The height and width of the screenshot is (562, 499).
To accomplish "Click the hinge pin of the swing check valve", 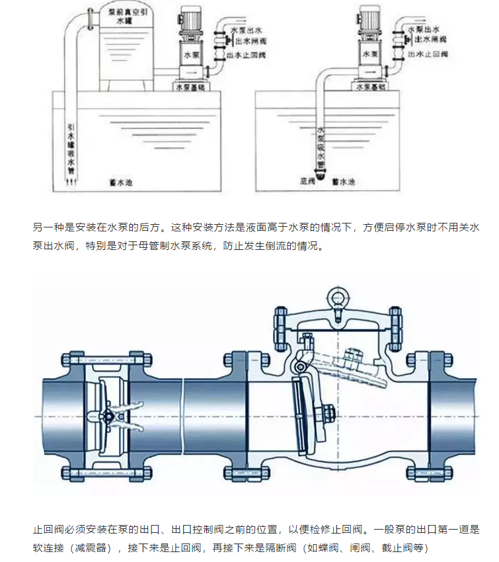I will [x=301, y=366].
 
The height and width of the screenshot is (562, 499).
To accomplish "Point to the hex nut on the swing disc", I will [x=326, y=415].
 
